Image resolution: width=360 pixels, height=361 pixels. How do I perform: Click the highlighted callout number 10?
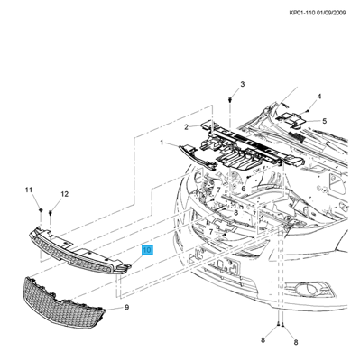(x=148, y=250)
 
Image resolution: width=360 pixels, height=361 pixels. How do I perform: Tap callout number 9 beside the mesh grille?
(x=127, y=307)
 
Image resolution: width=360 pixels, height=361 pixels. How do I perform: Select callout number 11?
(x=29, y=190)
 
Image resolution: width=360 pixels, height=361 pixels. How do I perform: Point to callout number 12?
(x=65, y=194)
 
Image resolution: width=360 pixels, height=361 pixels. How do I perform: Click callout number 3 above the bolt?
(x=243, y=84)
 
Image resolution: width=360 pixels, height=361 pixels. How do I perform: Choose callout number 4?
(x=319, y=97)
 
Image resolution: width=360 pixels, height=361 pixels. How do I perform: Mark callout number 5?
(x=324, y=121)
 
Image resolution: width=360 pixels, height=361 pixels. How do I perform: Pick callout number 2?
(x=187, y=127)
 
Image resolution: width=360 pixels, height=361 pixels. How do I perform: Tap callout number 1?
(x=162, y=143)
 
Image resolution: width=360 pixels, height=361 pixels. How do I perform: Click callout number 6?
(x=244, y=189)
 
